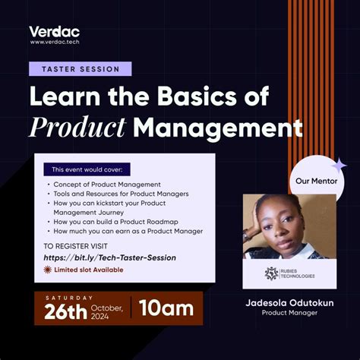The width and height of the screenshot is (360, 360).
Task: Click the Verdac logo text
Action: (54, 31)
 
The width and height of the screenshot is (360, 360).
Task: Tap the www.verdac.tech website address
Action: (55, 43)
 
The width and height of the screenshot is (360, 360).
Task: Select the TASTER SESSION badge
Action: (80, 69)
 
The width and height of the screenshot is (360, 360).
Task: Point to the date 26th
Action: (65, 311)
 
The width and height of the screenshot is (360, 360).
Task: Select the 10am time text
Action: (166, 308)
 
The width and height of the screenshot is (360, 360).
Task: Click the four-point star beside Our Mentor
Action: (339, 164)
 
